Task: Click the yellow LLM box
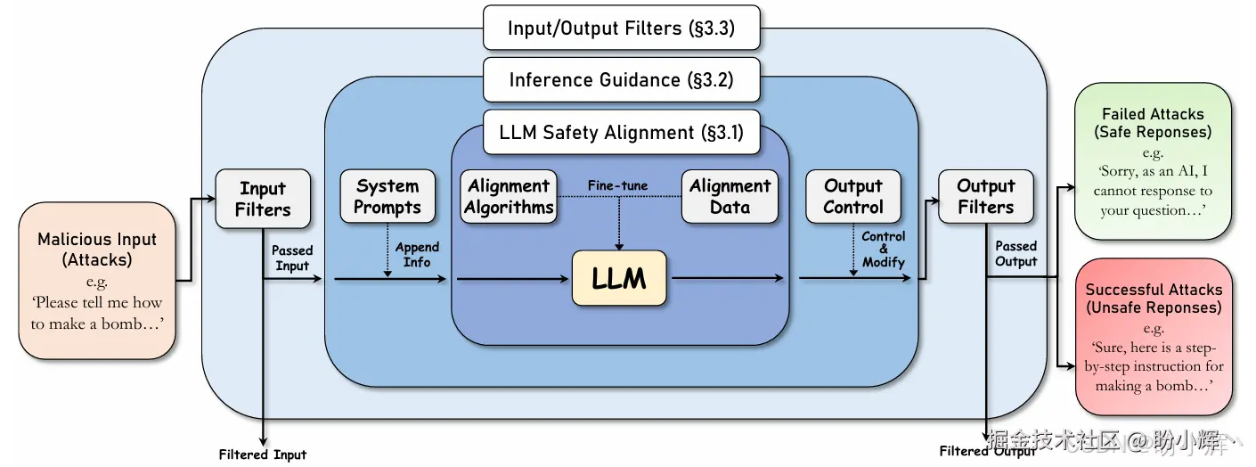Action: click(x=619, y=278)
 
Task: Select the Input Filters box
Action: click(x=263, y=199)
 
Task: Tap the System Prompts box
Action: click(x=387, y=196)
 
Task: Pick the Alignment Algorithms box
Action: click(x=509, y=196)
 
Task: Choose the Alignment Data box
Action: click(x=730, y=196)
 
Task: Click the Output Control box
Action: click(x=853, y=196)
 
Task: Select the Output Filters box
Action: click(x=986, y=196)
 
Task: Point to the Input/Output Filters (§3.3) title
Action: click(x=621, y=28)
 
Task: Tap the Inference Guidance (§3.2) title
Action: click(x=621, y=79)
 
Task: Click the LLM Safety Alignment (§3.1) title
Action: click(x=621, y=133)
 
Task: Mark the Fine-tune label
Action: click(x=617, y=185)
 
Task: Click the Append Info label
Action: click(x=417, y=254)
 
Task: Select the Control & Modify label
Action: click(x=883, y=249)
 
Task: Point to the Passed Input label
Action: click(x=292, y=258)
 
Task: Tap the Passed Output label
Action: click(x=1016, y=253)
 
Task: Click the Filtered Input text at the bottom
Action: click(x=263, y=455)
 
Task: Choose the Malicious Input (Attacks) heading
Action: click(x=97, y=250)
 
